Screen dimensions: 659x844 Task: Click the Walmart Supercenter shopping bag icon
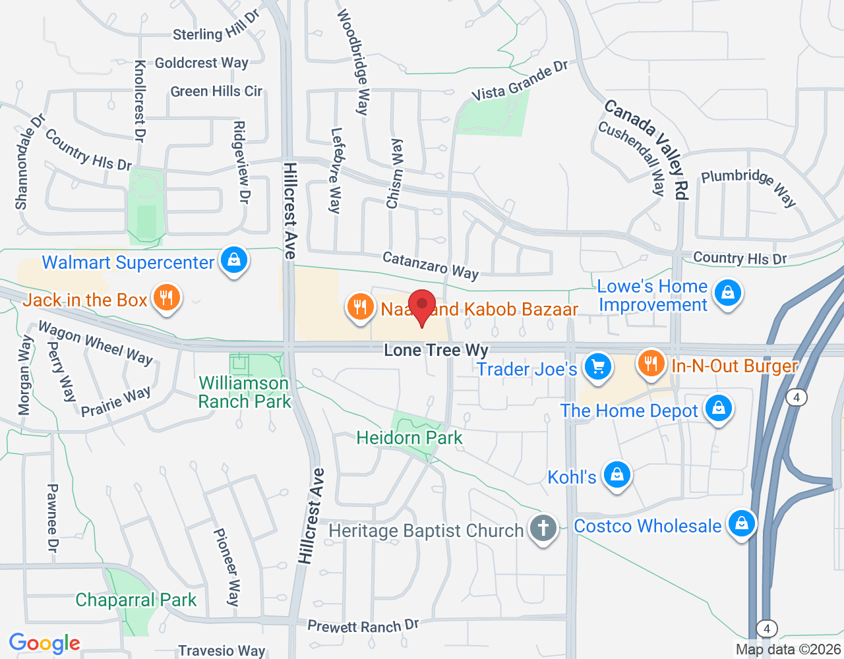234,260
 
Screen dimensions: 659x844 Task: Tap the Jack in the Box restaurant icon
166,298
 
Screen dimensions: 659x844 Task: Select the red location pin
422,306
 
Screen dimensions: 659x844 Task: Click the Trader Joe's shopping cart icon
598,367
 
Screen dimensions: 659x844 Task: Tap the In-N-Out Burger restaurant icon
651,363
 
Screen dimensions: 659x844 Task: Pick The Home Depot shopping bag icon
718,409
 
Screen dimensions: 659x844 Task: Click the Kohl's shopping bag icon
617,474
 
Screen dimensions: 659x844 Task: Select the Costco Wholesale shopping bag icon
741,524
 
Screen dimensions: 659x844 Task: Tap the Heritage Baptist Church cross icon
543,528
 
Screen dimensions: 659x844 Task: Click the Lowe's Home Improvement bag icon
727,292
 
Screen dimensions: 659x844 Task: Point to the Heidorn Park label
409,438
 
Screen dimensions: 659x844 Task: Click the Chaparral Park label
136,600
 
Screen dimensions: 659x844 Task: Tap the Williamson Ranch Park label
245,392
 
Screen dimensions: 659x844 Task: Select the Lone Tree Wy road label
436,350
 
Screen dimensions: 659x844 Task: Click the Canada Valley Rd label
647,148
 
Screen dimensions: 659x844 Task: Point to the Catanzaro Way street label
431,265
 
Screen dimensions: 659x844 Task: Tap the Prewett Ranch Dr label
363,625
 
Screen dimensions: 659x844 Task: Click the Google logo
45,643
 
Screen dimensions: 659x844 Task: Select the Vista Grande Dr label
520,82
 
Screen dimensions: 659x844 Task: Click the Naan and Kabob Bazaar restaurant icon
360,306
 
